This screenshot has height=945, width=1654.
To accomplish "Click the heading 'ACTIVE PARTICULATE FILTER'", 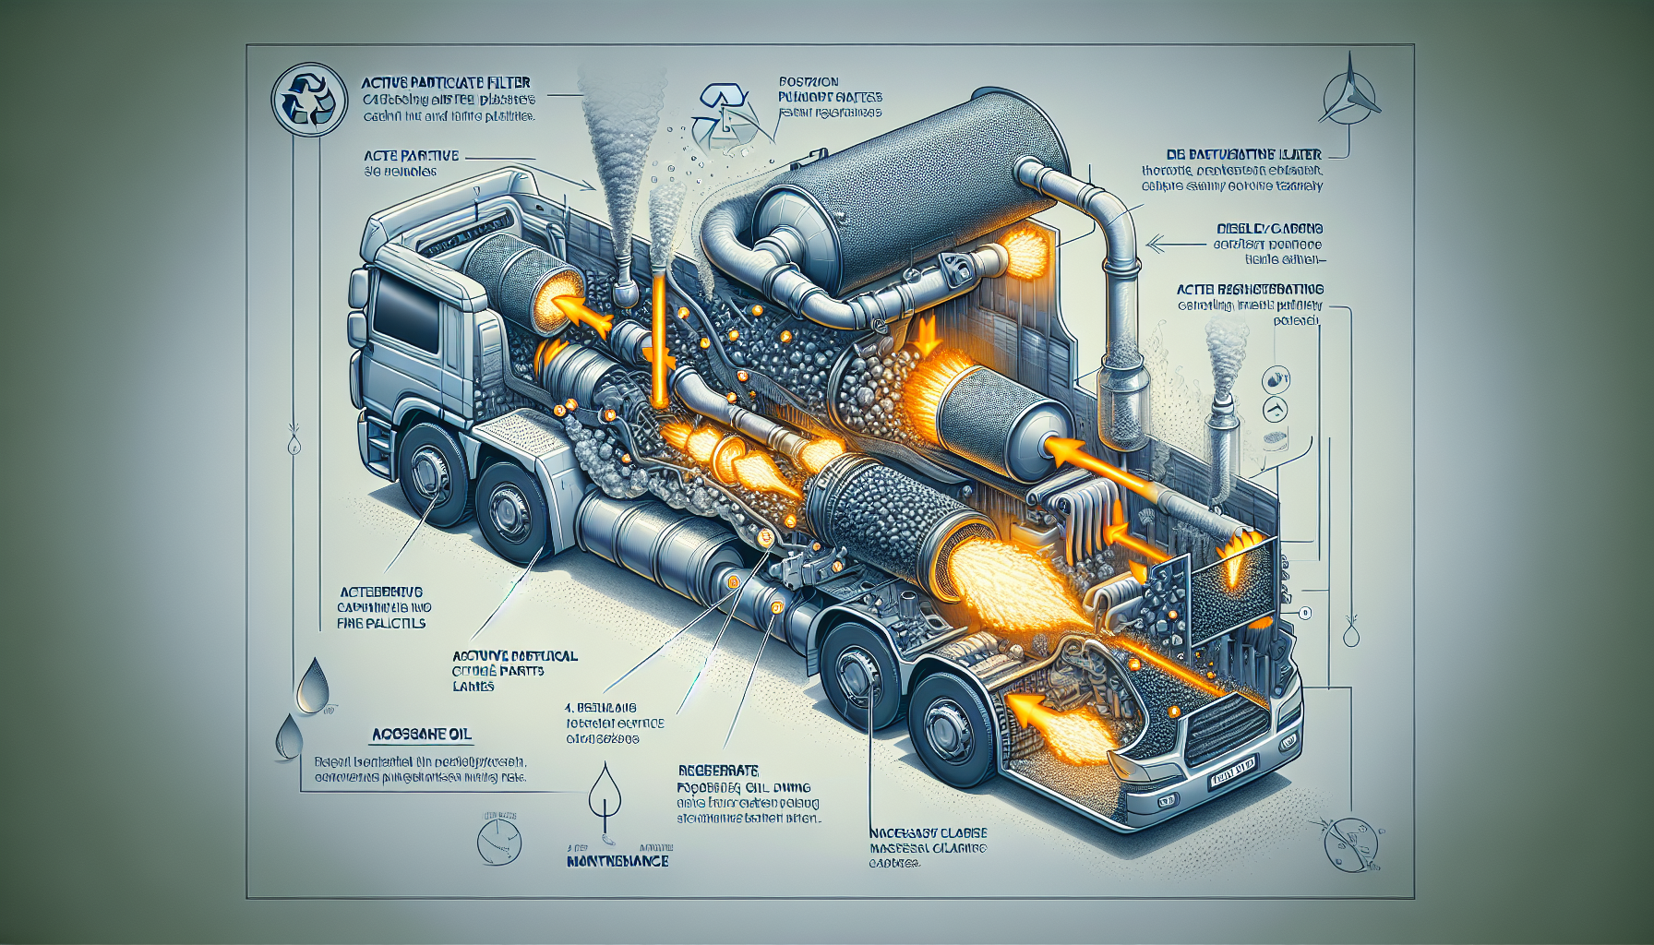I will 447,83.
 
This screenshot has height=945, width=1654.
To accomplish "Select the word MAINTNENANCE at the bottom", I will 617,861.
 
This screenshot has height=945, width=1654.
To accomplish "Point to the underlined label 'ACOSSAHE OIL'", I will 422,736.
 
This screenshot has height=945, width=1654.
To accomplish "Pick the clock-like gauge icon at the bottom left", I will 498,841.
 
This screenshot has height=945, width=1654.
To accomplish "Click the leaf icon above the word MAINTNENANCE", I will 605,790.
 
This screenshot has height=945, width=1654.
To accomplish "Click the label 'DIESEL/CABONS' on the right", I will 1269,228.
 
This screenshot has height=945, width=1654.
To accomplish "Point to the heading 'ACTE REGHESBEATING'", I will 1250,290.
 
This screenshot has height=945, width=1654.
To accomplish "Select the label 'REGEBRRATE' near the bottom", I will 718,770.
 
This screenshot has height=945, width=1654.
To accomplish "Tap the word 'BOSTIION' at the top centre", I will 808,82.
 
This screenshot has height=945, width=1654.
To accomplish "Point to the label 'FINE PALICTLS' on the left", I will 381,623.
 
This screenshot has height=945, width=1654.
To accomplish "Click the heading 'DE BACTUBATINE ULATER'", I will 1242,154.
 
